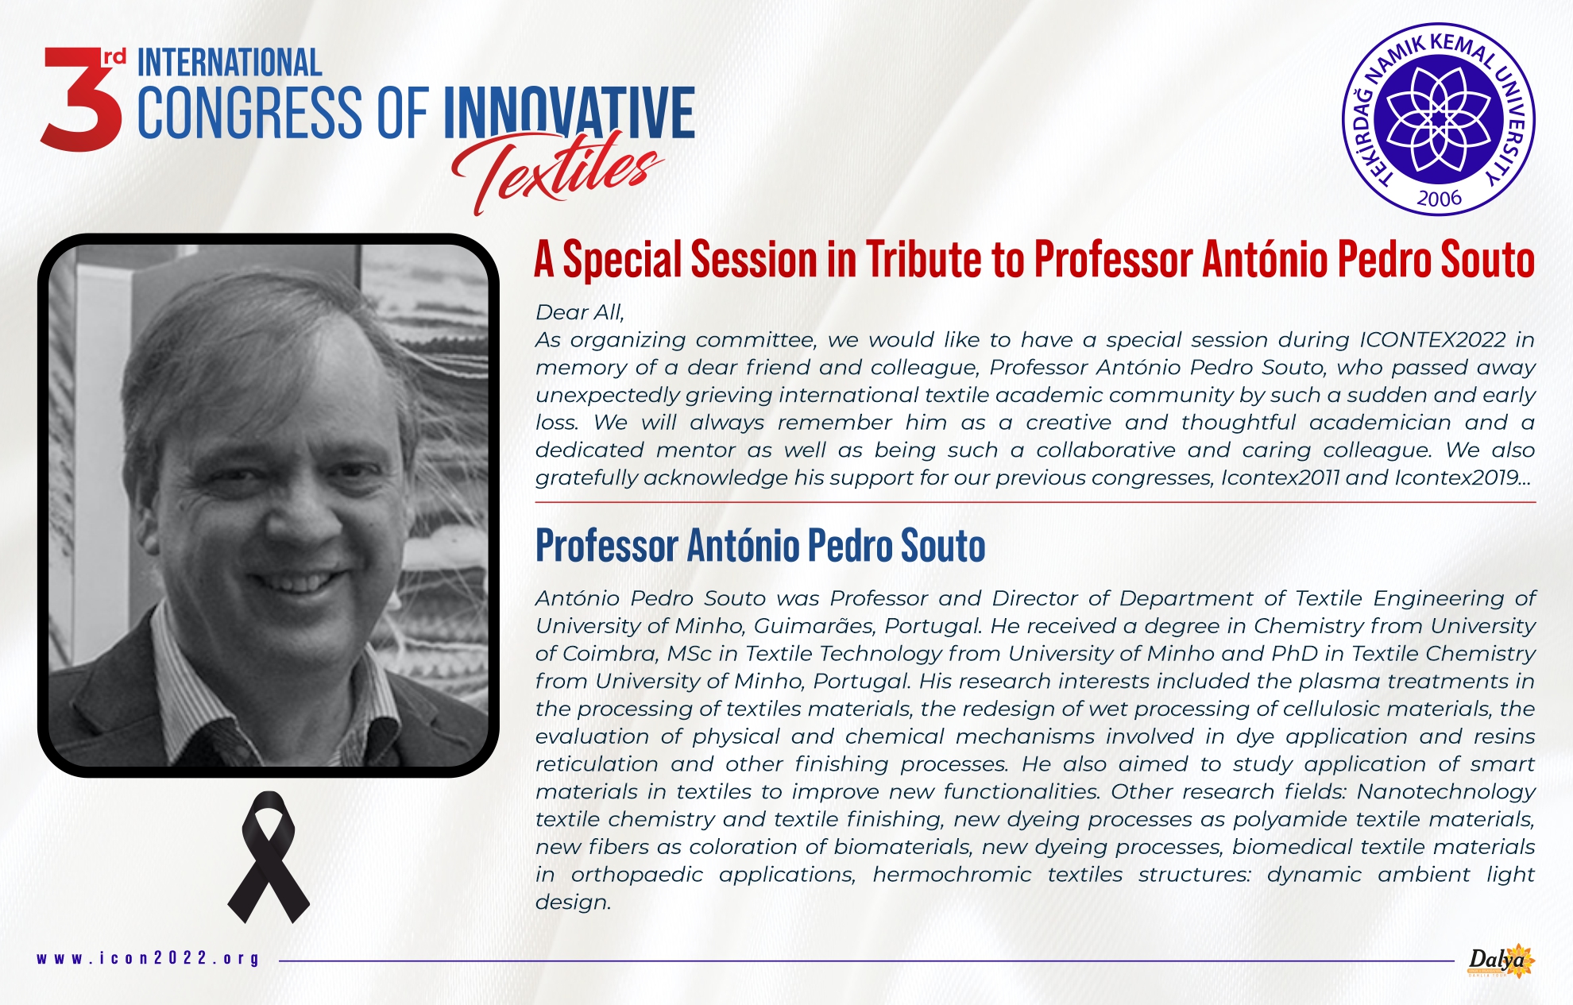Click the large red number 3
pos(81,99)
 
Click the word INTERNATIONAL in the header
pos(230,63)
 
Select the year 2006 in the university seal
pos(1439,198)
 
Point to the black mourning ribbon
pos(269,857)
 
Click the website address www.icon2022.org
pos(149,958)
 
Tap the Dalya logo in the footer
pos(1500,961)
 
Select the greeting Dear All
pos(580,312)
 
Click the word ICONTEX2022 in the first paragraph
pos(1432,339)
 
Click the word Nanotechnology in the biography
pos(1446,792)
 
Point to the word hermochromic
pos(952,875)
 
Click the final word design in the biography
pos(573,903)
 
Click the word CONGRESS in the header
pos(249,113)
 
